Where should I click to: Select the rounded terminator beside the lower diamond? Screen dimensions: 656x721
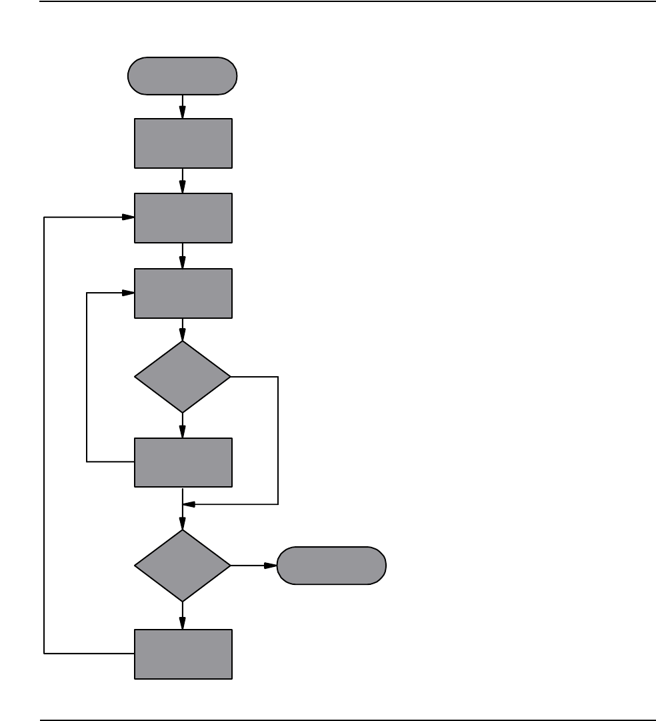coord(331,566)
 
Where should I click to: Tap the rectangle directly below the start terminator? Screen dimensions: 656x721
coord(183,143)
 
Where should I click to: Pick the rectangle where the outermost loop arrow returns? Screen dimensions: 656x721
coord(183,218)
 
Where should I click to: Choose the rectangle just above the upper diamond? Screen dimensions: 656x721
coord(183,293)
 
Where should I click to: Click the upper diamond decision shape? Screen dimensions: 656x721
coord(183,377)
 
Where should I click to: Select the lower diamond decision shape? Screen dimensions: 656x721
coord(183,566)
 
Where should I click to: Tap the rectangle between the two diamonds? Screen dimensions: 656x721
coord(183,462)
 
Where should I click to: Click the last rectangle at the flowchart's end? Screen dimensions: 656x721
coord(183,654)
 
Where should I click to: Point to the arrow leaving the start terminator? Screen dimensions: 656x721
coord(183,105)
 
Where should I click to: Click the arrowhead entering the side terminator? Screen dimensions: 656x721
coord(271,566)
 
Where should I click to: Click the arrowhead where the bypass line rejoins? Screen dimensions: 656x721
coord(189,504)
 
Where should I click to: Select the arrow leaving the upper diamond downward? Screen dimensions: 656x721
coord(183,426)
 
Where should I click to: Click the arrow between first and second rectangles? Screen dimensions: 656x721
coord(183,181)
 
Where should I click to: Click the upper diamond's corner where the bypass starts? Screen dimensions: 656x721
coord(230,377)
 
